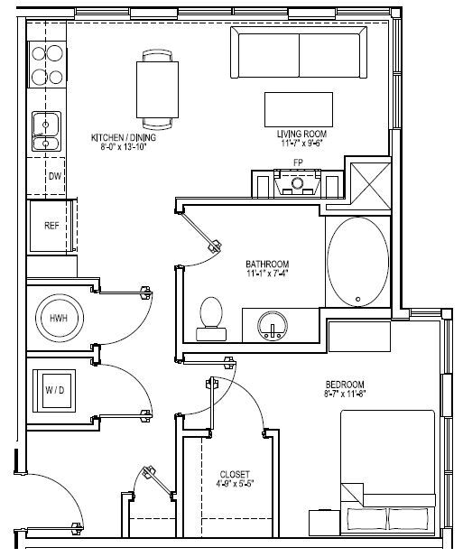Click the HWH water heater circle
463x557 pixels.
[x=59, y=319]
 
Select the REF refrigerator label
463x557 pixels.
[x=52, y=226]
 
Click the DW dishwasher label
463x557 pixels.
[x=54, y=177]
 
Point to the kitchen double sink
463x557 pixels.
[x=46, y=131]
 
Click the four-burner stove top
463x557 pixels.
[x=47, y=64]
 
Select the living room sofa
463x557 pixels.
[x=300, y=53]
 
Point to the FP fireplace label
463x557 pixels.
[x=298, y=162]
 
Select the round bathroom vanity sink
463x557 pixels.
[x=270, y=324]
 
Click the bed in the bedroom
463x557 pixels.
[x=386, y=469]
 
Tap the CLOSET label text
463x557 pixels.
[x=235, y=475]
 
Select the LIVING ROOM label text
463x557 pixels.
[x=301, y=134]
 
